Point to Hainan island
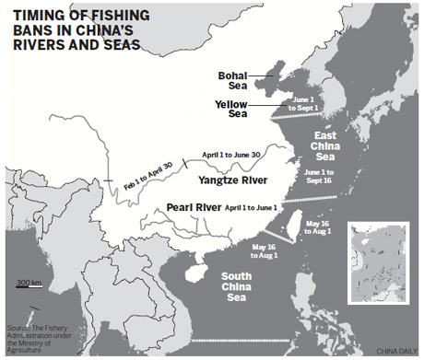coord(194,273)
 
